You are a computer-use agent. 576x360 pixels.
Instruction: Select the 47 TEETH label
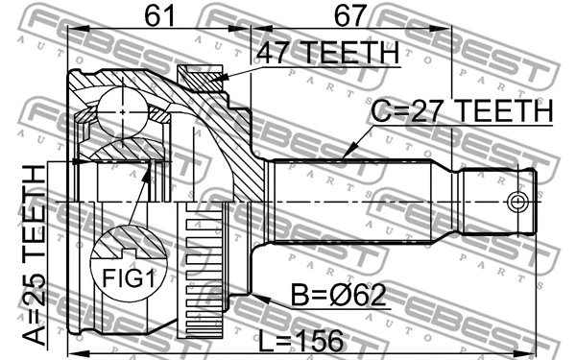pos(326,54)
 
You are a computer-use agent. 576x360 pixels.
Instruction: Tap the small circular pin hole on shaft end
pos(517,203)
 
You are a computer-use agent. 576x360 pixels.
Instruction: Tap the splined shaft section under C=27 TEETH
pos(355,203)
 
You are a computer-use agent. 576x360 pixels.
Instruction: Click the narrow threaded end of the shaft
pos(494,203)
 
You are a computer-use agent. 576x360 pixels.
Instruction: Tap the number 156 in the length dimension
pos(321,338)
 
